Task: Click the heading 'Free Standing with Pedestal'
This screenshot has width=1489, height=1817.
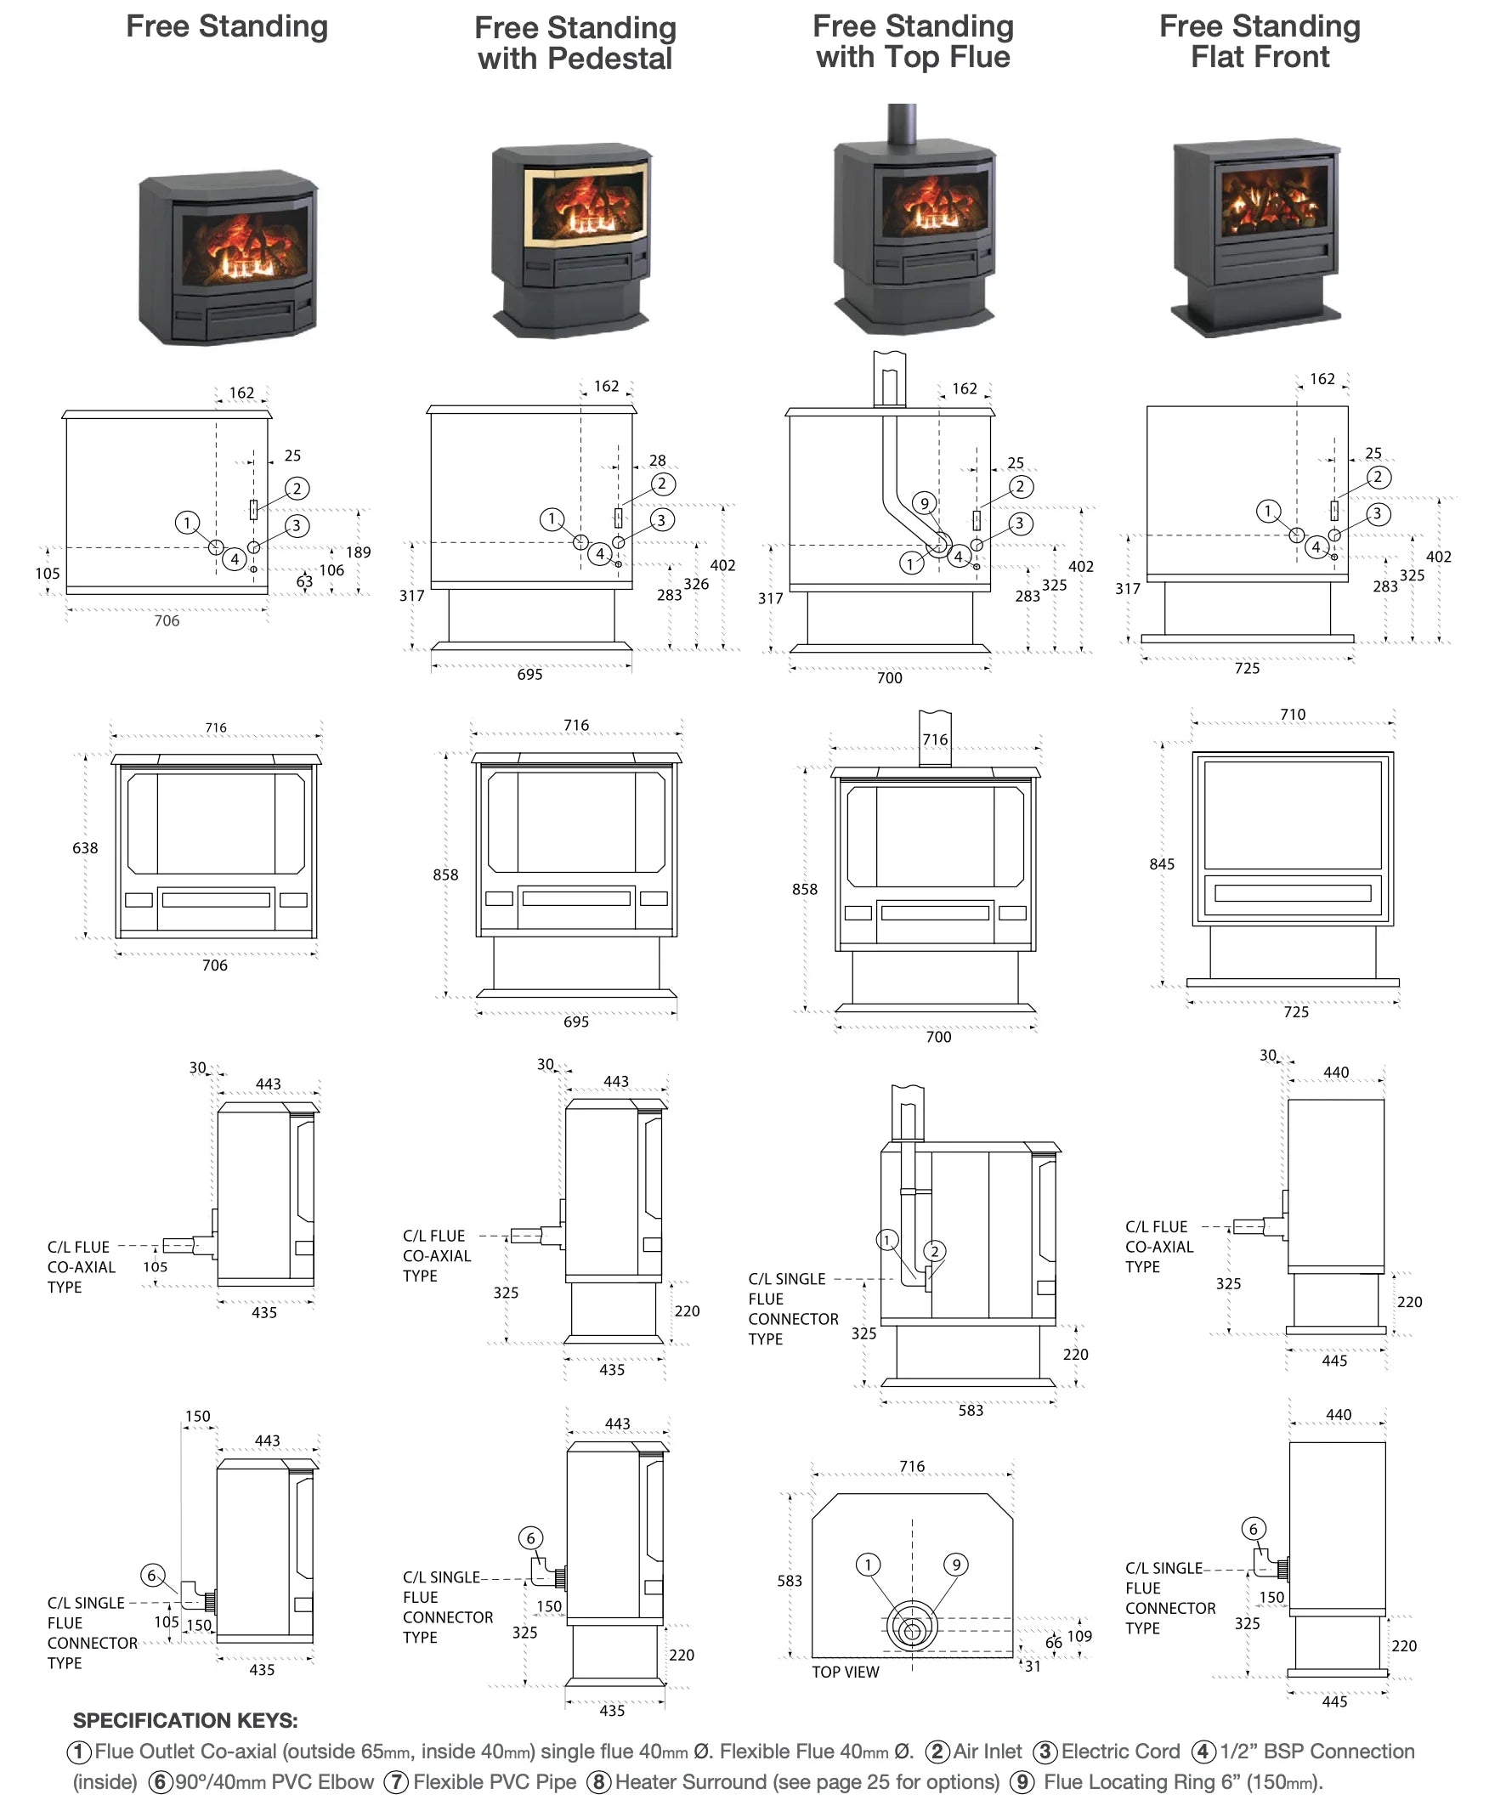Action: (x=575, y=42)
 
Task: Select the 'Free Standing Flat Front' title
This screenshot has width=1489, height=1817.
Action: (x=1260, y=41)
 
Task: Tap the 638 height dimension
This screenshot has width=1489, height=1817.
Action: (x=85, y=848)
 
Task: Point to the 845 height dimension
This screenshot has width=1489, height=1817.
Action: (x=1162, y=864)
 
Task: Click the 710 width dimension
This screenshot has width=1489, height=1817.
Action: (x=1293, y=714)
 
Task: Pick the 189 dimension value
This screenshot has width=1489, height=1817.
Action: (x=359, y=552)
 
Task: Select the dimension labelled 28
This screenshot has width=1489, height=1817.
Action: (x=658, y=461)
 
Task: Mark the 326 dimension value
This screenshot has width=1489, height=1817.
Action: (x=696, y=584)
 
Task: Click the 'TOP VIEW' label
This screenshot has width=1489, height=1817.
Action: (x=846, y=1672)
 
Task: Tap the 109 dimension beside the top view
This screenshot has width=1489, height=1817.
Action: (x=1079, y=1636)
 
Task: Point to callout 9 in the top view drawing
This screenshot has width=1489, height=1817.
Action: (x=956, y=1565)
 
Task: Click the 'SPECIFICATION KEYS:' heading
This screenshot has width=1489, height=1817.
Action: (x=185, y=1721)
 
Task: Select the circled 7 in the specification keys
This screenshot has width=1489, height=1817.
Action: (x=395, y=1782)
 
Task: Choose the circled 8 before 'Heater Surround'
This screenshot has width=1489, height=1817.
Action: (x=598, y=1782)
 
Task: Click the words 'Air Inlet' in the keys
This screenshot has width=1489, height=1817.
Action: (x=988, y=1751)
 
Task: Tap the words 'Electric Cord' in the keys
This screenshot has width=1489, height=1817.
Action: (x=1120, y=1751)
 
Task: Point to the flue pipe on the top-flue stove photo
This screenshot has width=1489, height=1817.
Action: (x=902, y=124)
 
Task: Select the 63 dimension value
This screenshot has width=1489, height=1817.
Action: (x=304, y=581)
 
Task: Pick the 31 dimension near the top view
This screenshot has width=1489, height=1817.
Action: (x=1033, y=1666)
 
